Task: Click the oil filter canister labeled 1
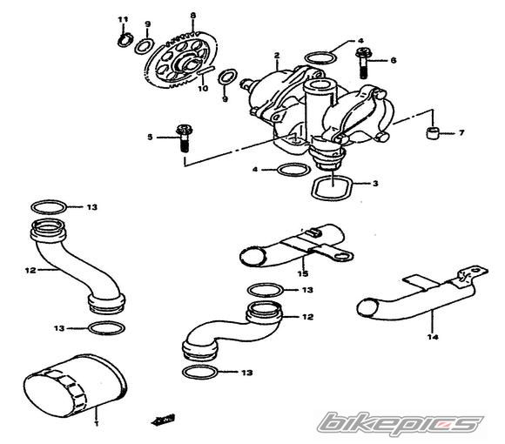[x=75, y=386]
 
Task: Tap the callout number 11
[x=123, y=20]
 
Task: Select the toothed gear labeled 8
[x=183, y=60]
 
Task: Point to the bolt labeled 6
[x=363, y=63]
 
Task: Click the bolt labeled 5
[x=184, y=138]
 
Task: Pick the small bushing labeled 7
[x=432, y=132]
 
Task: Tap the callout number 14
[x=433, y=337]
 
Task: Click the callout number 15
[x=303, y=273]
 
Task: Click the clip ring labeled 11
[x=125, y=40]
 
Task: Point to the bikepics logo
[x=401, y=422]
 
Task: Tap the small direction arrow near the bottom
[x=162, y=420]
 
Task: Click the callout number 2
[x=277, y=56]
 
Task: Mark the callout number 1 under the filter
[x=97, y=423]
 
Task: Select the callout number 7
[x=461, y=132]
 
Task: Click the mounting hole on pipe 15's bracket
[x=341, y=256]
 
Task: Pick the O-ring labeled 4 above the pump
[x=320, y=57]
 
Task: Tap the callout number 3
[x=375, y=184]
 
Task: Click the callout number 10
[x=203, y=88]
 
